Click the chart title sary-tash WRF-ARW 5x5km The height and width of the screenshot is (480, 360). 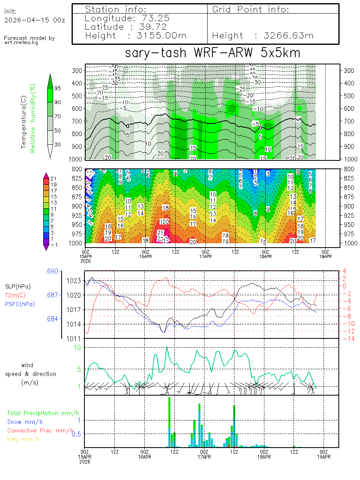pyautogui.click(x=212, y=53)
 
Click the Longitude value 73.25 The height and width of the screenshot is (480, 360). pyautogui.click(x=154, y=18)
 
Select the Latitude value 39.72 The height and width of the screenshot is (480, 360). pyautogui.click(x=154, y=27)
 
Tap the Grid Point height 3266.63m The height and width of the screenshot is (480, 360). pyautogui.click(x=288, y=36)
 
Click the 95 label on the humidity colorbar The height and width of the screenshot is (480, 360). pyautogui.click(x=58, y=88)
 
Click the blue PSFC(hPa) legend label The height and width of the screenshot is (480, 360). pyautogui.click(x=20, y=304)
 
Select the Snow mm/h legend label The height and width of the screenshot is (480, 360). pyautogui.click(x=24, y=422)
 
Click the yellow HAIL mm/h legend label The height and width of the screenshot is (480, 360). pyautogui.click(x=24, y=439)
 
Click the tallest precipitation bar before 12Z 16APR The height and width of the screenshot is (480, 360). pyautogui.click(x=169, y=422)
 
